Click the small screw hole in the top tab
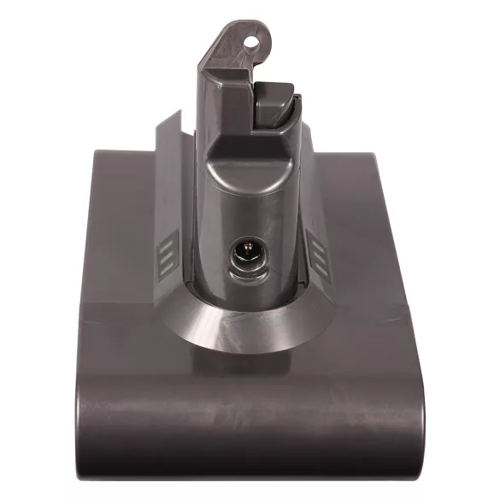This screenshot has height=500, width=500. point(252,37)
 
